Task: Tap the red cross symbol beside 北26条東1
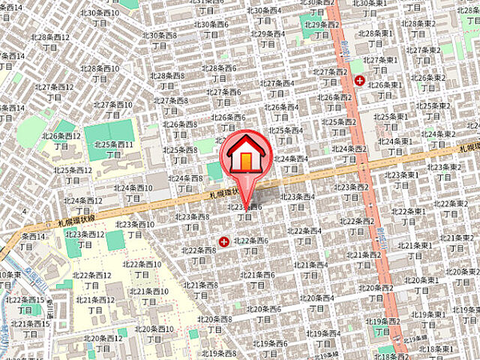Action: [359, 80]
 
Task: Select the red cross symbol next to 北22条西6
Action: [223, 241]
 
